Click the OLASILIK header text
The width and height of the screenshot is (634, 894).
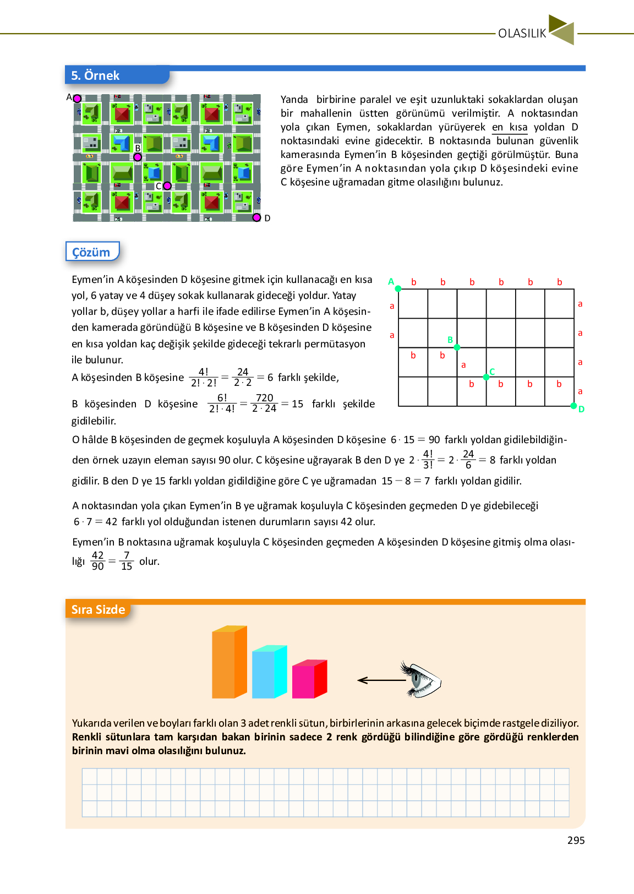tap(522, 33)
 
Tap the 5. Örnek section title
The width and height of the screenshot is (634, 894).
tap(95, 75)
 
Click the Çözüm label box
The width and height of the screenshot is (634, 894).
tap(92, 252)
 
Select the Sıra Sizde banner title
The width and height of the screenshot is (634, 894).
tap(98, 609)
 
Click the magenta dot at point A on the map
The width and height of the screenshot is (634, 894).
tap(78, 99)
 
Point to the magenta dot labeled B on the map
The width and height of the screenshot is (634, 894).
tap(138, 157)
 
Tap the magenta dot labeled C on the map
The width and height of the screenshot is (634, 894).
tap(167, 186)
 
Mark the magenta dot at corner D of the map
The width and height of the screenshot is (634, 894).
tap(256, 217)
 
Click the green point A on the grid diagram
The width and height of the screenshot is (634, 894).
tap(398, 288)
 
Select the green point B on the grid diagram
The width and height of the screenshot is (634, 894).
tap(457, 347)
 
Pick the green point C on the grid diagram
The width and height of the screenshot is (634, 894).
tap(486, 377)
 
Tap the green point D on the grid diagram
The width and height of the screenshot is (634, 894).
tap(573, 406)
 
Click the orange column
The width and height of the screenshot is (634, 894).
tap(229, 662)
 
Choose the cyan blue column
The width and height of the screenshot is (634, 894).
tap(269, 672)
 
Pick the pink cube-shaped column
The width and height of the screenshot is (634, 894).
tap(309, 679)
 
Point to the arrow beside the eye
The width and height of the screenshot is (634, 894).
tap(381, 680)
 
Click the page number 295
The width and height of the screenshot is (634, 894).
tap(576, 840)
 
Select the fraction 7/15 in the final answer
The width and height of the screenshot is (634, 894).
tap(127, 561)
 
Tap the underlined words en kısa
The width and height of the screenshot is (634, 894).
tap(510, 127)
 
